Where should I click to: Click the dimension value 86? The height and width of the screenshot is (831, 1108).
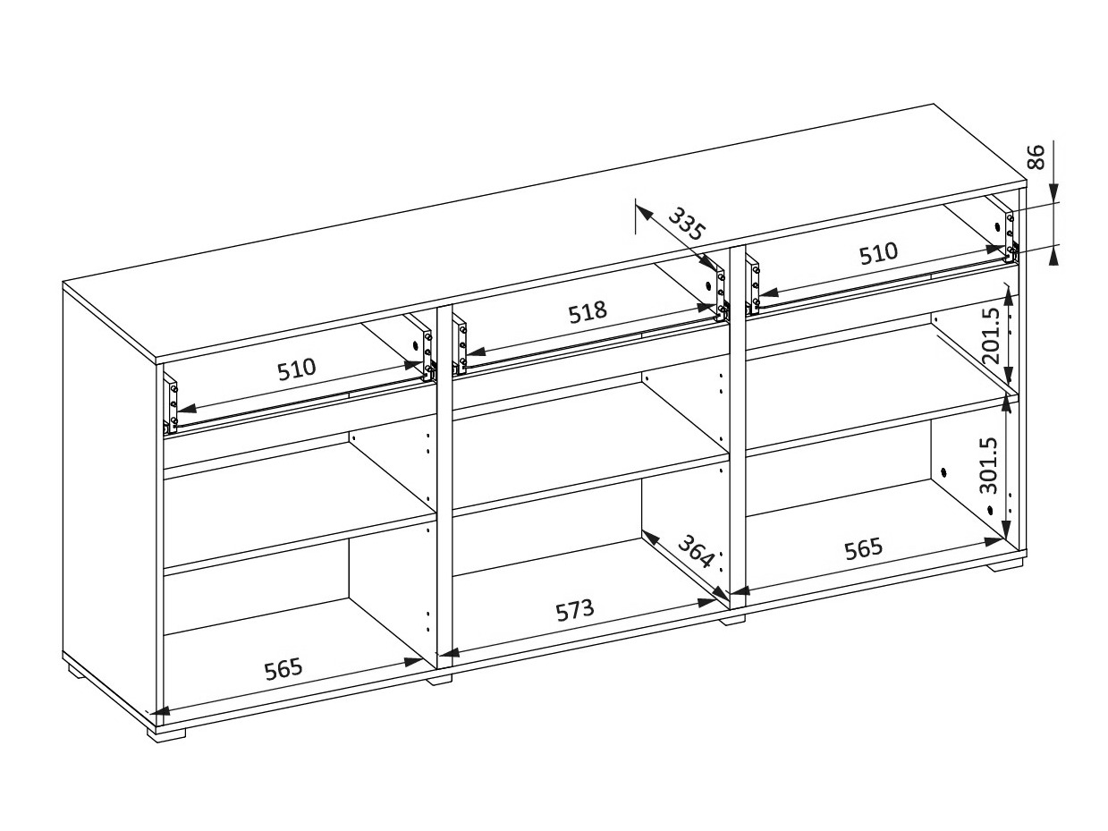tap(1036, 157)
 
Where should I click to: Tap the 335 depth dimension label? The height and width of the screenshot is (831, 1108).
tap(686, 224)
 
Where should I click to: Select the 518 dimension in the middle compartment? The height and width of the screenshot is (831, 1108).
tap(588, 312)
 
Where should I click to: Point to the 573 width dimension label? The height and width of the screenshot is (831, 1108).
tap(574, 610)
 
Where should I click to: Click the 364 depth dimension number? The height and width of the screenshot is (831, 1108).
tap(696, 551)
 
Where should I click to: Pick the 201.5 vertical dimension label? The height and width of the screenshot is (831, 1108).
tap(992, 336)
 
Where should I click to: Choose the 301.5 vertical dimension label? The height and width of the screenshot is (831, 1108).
tap(988, 465)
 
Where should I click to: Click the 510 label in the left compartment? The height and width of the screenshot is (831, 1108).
tap(296, 369)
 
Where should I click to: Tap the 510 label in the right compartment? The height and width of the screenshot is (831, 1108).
tap(879, 253)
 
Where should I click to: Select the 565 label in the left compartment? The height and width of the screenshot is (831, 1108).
tap(283, 668)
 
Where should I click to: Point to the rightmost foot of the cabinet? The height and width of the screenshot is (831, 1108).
tap(1005, 564)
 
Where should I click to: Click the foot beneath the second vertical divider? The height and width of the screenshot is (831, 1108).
tap(732, 619)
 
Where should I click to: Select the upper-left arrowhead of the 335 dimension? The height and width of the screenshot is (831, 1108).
tap(642, 210)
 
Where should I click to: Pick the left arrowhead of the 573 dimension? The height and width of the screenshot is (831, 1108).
tap(449, 653)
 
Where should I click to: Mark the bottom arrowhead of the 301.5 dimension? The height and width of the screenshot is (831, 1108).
tap(1005, 530)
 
